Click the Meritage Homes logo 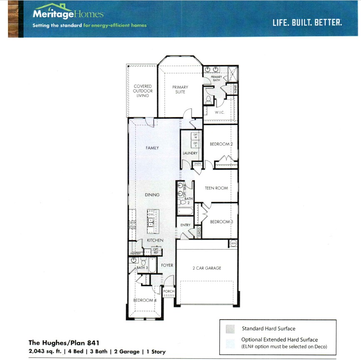tap(68, 14)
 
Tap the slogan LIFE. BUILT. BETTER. tap(307, 22)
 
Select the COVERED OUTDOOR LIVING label tap(142, 91)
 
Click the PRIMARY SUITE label tap(180, 89)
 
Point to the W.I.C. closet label tap(220, 112)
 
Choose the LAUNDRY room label tap(190, 153)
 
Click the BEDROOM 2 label tap(221, 144)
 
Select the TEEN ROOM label tap(217, 188)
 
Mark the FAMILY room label tap(152, 148)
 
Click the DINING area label tap(152, 195)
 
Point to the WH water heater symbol tap(233, 243)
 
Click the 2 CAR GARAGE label tap(207, 268)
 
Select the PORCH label tap(169, 291)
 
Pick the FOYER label tap(167, 265)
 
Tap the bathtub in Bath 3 tap(152, 265)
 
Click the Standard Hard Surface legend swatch tap(230, 329)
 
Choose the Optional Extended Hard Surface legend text tap(279, 340)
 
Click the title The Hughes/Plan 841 tap(64, 343)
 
